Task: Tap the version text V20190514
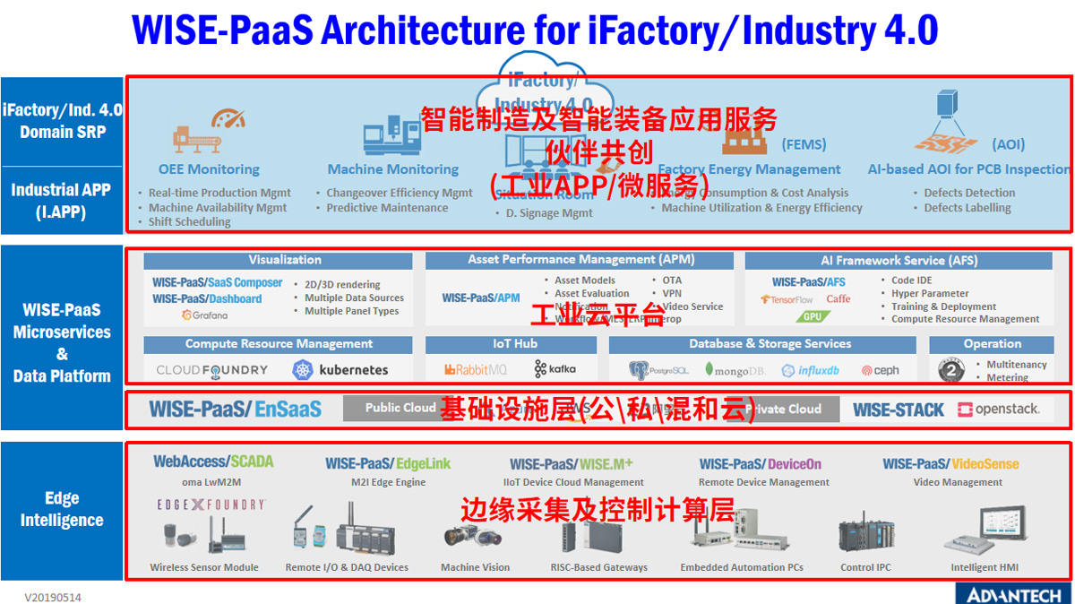54,596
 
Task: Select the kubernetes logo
340,369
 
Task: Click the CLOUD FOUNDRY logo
211,369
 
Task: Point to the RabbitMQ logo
476,369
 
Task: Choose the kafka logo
555,369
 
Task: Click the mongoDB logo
734,370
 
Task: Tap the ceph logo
880,370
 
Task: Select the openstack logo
999,410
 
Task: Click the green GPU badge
812,316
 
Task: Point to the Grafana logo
204,315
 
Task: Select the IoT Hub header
514,344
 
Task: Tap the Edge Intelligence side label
62,509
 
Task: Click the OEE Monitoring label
209,169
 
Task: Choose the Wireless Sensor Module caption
204,567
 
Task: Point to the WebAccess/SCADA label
213,462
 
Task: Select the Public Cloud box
400,409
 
